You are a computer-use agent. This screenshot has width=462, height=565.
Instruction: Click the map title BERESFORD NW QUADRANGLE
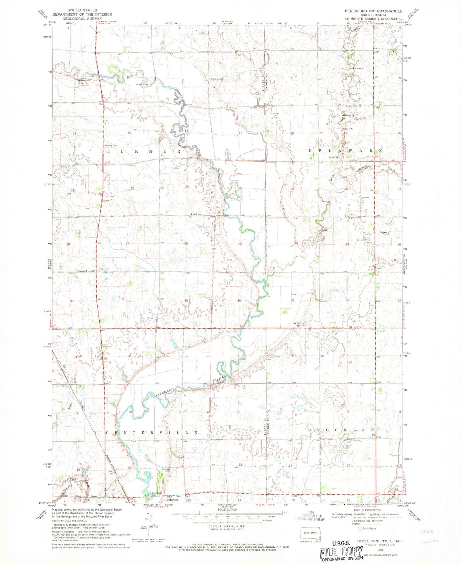click(373, 11)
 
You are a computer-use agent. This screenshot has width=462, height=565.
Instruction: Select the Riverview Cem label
click(167, 470)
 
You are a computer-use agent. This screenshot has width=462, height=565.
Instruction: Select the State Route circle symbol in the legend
click(360, 538)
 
